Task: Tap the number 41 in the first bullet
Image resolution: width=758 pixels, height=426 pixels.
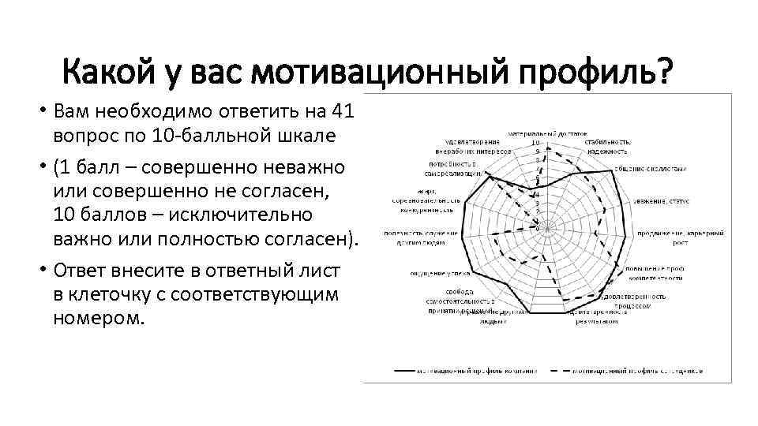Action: tap(345, 112)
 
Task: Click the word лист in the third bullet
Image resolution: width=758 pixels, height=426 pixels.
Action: tap(324, 271)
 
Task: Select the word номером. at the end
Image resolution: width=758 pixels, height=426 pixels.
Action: tap(99, 318)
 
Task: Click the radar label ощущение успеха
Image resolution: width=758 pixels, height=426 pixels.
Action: tap(430, 273)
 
